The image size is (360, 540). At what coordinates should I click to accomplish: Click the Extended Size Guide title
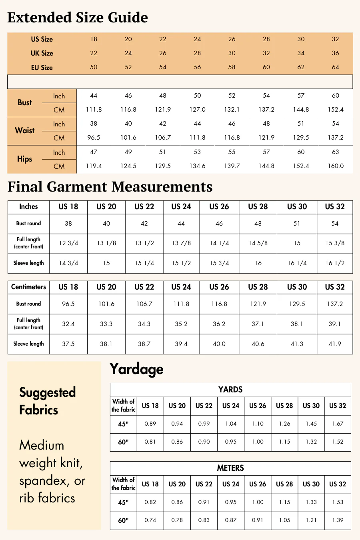tap(78, 18)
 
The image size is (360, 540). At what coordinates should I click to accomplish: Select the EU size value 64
tap(335, 67)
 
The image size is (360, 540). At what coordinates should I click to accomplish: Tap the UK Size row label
tap(42, 53)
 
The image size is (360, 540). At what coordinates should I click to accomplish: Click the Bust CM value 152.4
tap(335, 110)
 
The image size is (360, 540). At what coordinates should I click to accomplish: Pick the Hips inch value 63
tap(335, 152)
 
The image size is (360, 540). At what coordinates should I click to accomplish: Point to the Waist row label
tap(25, 130)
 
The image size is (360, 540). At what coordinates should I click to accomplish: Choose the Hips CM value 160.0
tap(335, 166)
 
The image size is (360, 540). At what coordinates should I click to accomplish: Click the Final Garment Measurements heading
tap(110, 187)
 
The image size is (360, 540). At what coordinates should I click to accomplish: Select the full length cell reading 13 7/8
tap(181, 243)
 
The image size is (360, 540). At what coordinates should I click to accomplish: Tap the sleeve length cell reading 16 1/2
tap(335, 263)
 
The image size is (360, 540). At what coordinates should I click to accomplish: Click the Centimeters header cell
tap(28, 287)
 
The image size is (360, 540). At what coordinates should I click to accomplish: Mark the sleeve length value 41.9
tap(335, 344)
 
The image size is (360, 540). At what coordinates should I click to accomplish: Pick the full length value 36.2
tap(219, 324)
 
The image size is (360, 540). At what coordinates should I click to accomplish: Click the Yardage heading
tap(136, 369)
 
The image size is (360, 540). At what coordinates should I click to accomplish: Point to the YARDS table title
tap(230, 390)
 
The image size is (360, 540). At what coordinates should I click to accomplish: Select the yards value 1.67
tap(338, 424)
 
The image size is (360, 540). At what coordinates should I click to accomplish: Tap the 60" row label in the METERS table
tap(123, 520)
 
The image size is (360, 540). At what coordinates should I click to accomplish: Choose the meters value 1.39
tap(338, 520)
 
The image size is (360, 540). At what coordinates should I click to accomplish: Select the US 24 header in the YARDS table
tap(231, 406)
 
